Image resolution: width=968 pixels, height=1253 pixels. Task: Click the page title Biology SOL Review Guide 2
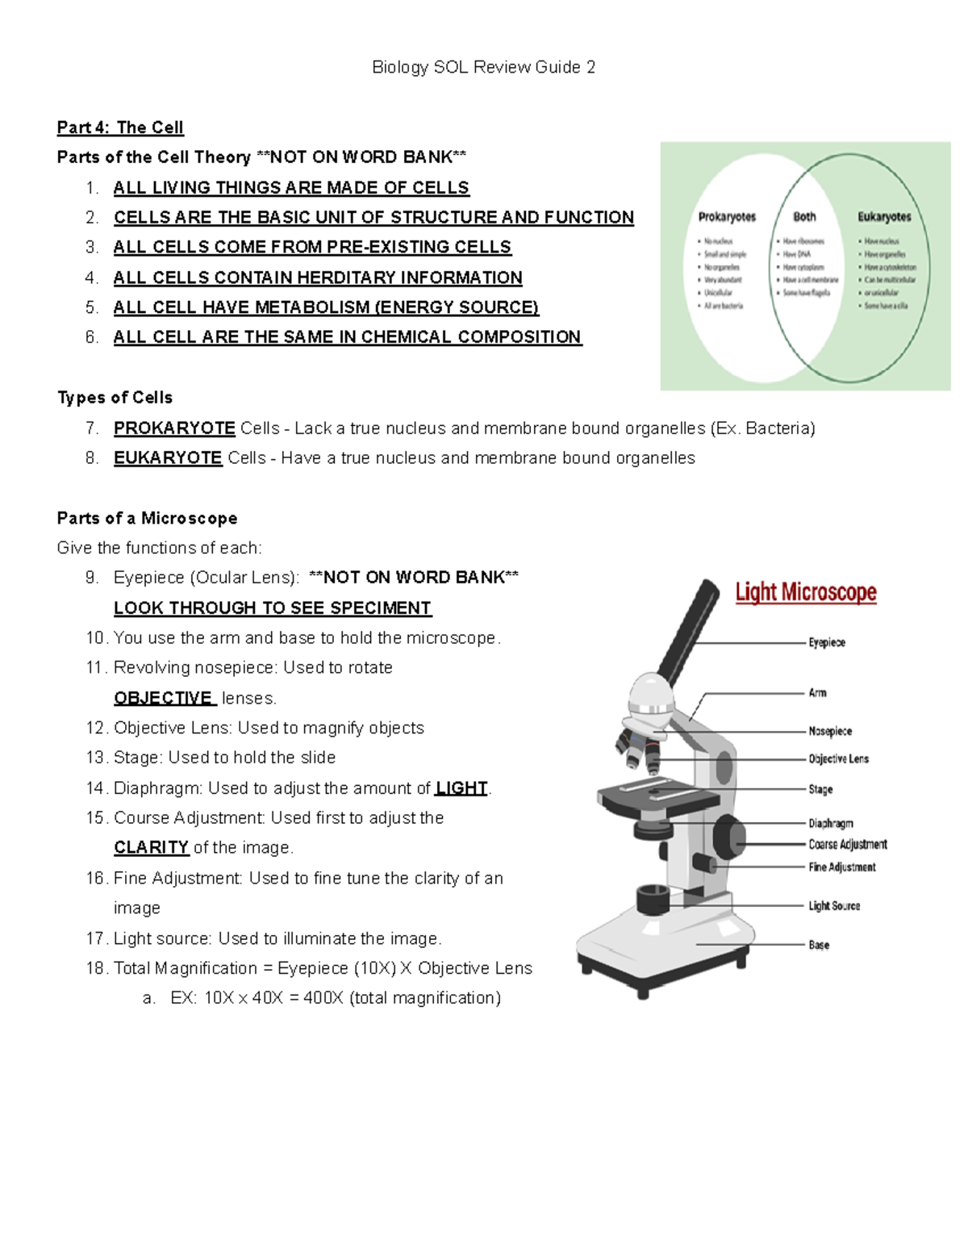point(483,67)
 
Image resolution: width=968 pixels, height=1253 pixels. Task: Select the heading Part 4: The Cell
point(120,127)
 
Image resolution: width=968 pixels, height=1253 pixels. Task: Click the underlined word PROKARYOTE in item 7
point(174,428)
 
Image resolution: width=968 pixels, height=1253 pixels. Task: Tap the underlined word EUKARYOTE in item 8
point(168,457)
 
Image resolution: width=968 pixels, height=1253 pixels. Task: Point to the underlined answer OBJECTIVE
point(164,698)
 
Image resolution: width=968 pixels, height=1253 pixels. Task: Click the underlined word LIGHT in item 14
point(461,787)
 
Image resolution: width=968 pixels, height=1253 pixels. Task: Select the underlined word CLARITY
point(151,847)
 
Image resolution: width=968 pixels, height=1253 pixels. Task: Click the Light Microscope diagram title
point(805,592)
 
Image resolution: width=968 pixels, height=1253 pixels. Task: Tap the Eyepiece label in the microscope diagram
point(827,642)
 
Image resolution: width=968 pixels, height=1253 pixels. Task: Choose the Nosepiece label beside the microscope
point(830,731)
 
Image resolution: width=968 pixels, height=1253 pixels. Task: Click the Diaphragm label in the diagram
point(831,823)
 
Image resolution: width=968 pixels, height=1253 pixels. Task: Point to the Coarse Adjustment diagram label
point(847,844)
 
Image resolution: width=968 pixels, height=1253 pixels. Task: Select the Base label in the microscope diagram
point(819,945)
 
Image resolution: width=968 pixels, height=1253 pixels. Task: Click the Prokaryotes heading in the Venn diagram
point(727,217)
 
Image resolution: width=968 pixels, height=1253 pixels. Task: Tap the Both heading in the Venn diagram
point(804,217)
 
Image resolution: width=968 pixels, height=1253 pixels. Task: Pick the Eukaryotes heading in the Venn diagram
point(884,217)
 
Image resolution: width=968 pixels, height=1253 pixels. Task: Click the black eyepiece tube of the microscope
point(691,629)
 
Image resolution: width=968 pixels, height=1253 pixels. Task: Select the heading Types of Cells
point(115,398)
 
